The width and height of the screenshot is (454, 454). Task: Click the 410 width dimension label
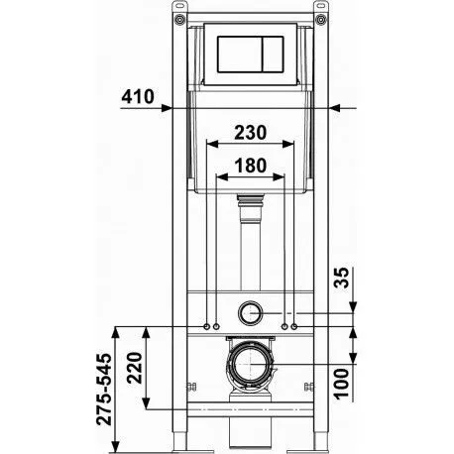click(x=138, y=97)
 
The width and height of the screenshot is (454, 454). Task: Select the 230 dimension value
click(x=250, y=133)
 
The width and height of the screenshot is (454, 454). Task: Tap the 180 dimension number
click(x=250, y=166)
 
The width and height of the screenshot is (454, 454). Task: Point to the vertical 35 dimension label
click(x=341, y=278)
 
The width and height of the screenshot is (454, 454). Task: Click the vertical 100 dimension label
click(x=341, y=384)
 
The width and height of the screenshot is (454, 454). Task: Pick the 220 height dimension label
click(x=135, y=368)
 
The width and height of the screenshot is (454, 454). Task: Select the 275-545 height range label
click(x=104, y=390)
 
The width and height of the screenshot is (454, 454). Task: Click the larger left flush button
click(x=240, y=55)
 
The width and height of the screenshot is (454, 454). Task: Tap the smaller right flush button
click(x=273, y=55)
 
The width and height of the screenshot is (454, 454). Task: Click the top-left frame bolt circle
click(x=179, y=19)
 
